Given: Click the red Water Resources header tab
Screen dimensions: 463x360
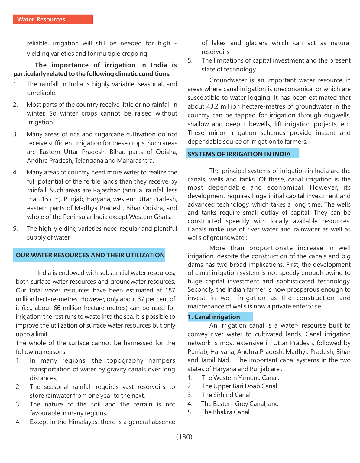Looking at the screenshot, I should click(x=53, y=19).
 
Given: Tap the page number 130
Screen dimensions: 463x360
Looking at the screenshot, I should click(x=184, y=437).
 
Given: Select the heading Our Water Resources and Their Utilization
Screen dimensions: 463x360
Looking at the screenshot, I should click(x=90, y=255).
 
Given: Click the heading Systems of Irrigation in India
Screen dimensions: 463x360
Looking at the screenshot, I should click(x=239, y=154).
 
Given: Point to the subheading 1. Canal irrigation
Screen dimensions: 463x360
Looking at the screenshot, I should click(x=214, y=317).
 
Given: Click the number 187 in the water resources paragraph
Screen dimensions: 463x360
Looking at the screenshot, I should click(x=170, y=290).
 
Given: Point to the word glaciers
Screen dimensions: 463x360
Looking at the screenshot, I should click(x=256, y=43).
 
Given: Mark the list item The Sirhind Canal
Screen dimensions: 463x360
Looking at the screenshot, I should click(x=227, y=395).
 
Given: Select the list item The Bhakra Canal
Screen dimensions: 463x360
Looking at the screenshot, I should click(x=226, y=412).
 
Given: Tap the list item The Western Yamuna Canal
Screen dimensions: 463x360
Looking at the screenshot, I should click(x=240, y=378).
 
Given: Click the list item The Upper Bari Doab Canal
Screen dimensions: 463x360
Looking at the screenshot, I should click(x=239, y=386).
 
